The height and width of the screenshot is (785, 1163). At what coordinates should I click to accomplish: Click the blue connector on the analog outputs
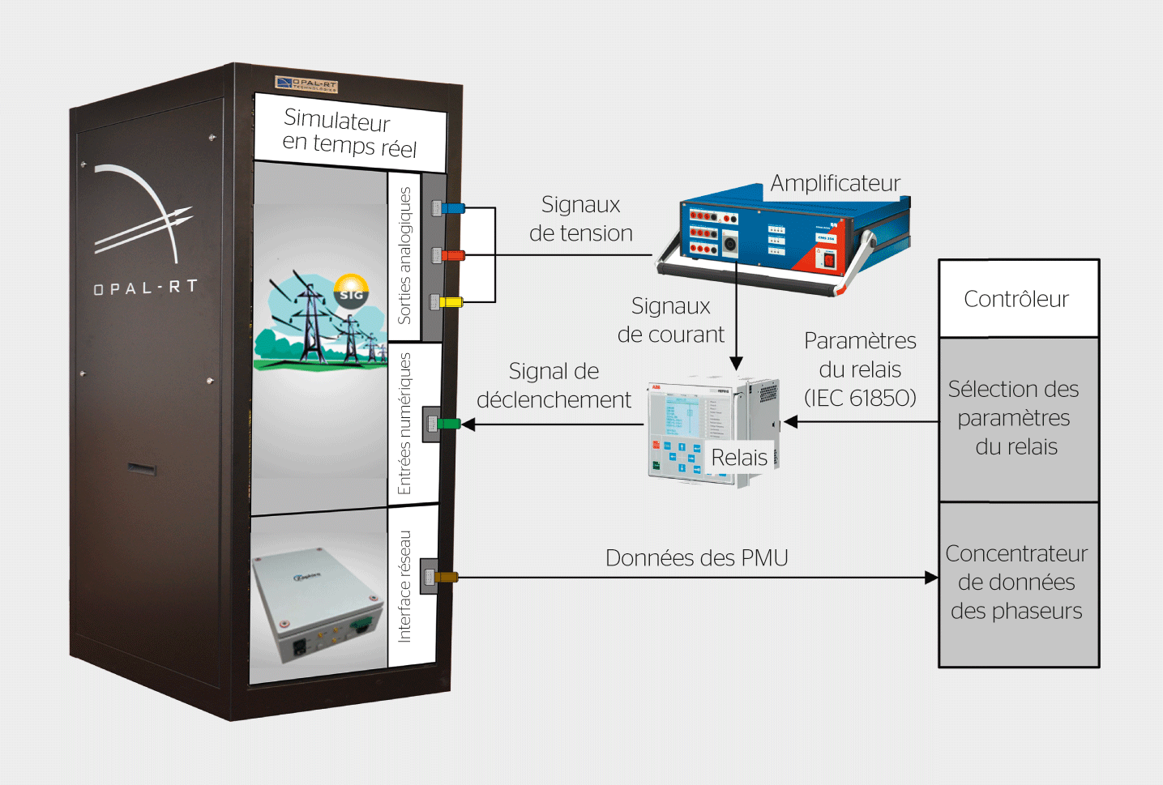pos(451,208)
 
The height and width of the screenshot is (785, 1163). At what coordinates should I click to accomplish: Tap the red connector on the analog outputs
pos(451,255)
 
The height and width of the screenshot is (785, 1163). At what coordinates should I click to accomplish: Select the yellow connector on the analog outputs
pos(450,302)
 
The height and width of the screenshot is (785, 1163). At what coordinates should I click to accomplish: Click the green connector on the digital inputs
pos(447,424)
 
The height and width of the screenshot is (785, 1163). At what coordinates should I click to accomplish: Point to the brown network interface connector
pos(446,578)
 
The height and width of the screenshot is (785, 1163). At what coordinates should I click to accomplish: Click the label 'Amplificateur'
pos(835,183)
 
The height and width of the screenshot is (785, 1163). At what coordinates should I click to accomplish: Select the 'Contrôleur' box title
pos(1016,299)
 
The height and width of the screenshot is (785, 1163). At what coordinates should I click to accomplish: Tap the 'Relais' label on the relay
pos(739,458)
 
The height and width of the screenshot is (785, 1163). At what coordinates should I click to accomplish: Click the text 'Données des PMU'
pos(696,558)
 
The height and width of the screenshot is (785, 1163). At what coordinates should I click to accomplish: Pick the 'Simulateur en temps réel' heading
pos(349,133)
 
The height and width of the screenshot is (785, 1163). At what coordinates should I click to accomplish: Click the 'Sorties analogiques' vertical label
pos(404,255)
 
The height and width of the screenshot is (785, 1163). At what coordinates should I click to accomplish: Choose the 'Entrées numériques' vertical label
pos(404,424)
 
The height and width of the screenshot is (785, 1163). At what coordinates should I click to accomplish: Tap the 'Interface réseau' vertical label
pos(404,587)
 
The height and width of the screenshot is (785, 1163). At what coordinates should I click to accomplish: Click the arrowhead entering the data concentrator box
pos(932,578)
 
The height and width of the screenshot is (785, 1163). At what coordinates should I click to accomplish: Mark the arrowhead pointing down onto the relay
pos(736,364)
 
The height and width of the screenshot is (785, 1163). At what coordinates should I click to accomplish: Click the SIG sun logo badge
pos(351,292)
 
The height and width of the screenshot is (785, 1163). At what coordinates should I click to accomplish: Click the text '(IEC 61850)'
pos(860,398)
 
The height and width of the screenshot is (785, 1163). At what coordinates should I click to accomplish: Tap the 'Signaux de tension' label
pos(580,219)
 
